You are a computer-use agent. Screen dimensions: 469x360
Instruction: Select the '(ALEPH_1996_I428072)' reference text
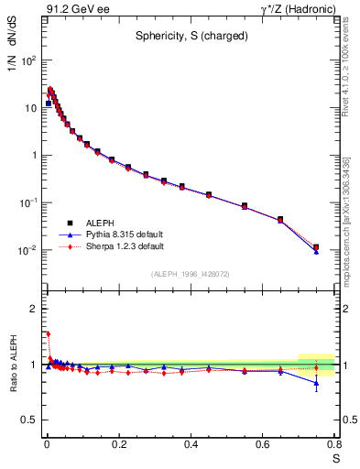point(190,274)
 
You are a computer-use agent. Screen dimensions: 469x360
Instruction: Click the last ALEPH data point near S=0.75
point(316,246)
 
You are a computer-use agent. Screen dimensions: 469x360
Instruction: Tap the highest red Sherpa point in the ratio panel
point(48,334)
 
